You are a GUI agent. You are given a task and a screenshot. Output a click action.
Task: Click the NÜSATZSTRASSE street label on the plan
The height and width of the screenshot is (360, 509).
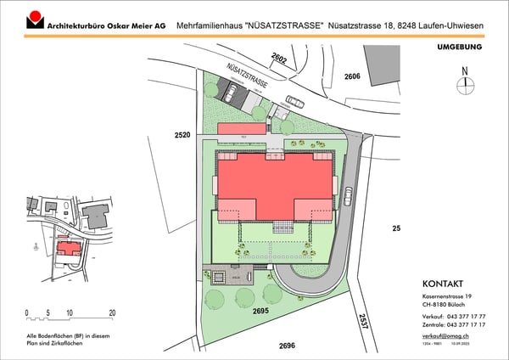pyautogui.click(x=249, y=77)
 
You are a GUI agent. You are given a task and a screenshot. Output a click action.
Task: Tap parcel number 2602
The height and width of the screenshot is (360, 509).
pyautogui.click(x=280, y=58)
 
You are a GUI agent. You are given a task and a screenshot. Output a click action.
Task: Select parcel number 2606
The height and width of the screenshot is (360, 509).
pyautogui.click(x=352, y=76)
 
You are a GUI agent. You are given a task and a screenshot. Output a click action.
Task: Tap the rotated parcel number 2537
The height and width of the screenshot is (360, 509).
pyautogui.click(x=363, y=322)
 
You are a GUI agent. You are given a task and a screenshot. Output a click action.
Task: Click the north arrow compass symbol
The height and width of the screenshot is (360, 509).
pyautogui.click(x=464, y=82)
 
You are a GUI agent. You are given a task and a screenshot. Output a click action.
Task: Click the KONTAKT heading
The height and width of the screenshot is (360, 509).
pyautogui.click(x=445, y=284)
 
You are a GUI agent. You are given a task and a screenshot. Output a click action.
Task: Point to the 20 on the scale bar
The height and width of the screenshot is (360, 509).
pyautogui.click(x=112, y=312)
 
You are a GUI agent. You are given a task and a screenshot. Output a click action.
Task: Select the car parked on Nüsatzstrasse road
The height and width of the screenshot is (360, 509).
pyautogui.click(x=294, y=101)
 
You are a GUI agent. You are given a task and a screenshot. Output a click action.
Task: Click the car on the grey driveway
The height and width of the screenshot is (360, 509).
pyautogui.click(x=348, y=196)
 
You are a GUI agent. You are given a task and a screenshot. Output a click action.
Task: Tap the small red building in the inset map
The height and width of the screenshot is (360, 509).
pyautogui.click(x=67, y=248)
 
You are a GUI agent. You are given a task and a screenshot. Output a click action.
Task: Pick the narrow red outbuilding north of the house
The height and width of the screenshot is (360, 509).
pyautogui.click(x=242, y=128)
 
